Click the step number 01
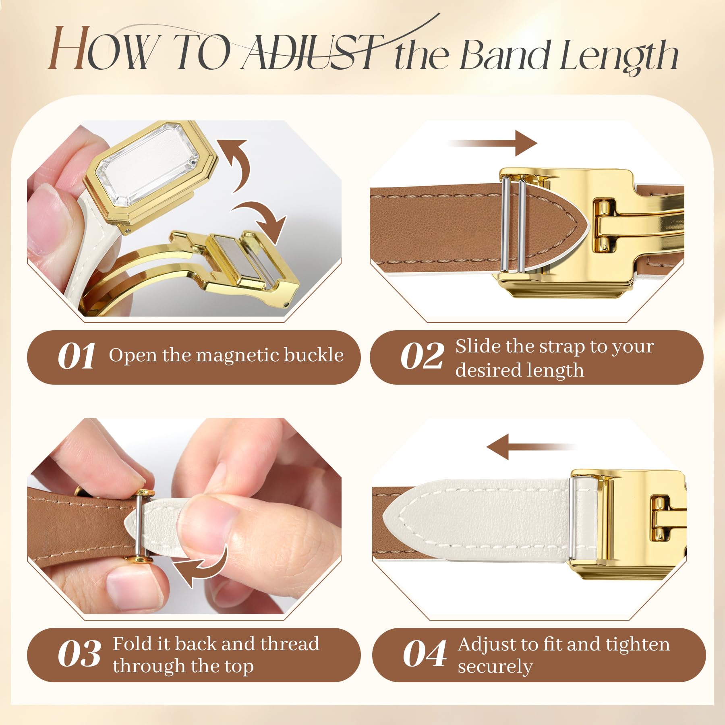77,356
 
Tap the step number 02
423,356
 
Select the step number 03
79,654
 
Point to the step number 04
425,654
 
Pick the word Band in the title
505,55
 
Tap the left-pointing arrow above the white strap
532,447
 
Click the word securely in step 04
495,667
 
